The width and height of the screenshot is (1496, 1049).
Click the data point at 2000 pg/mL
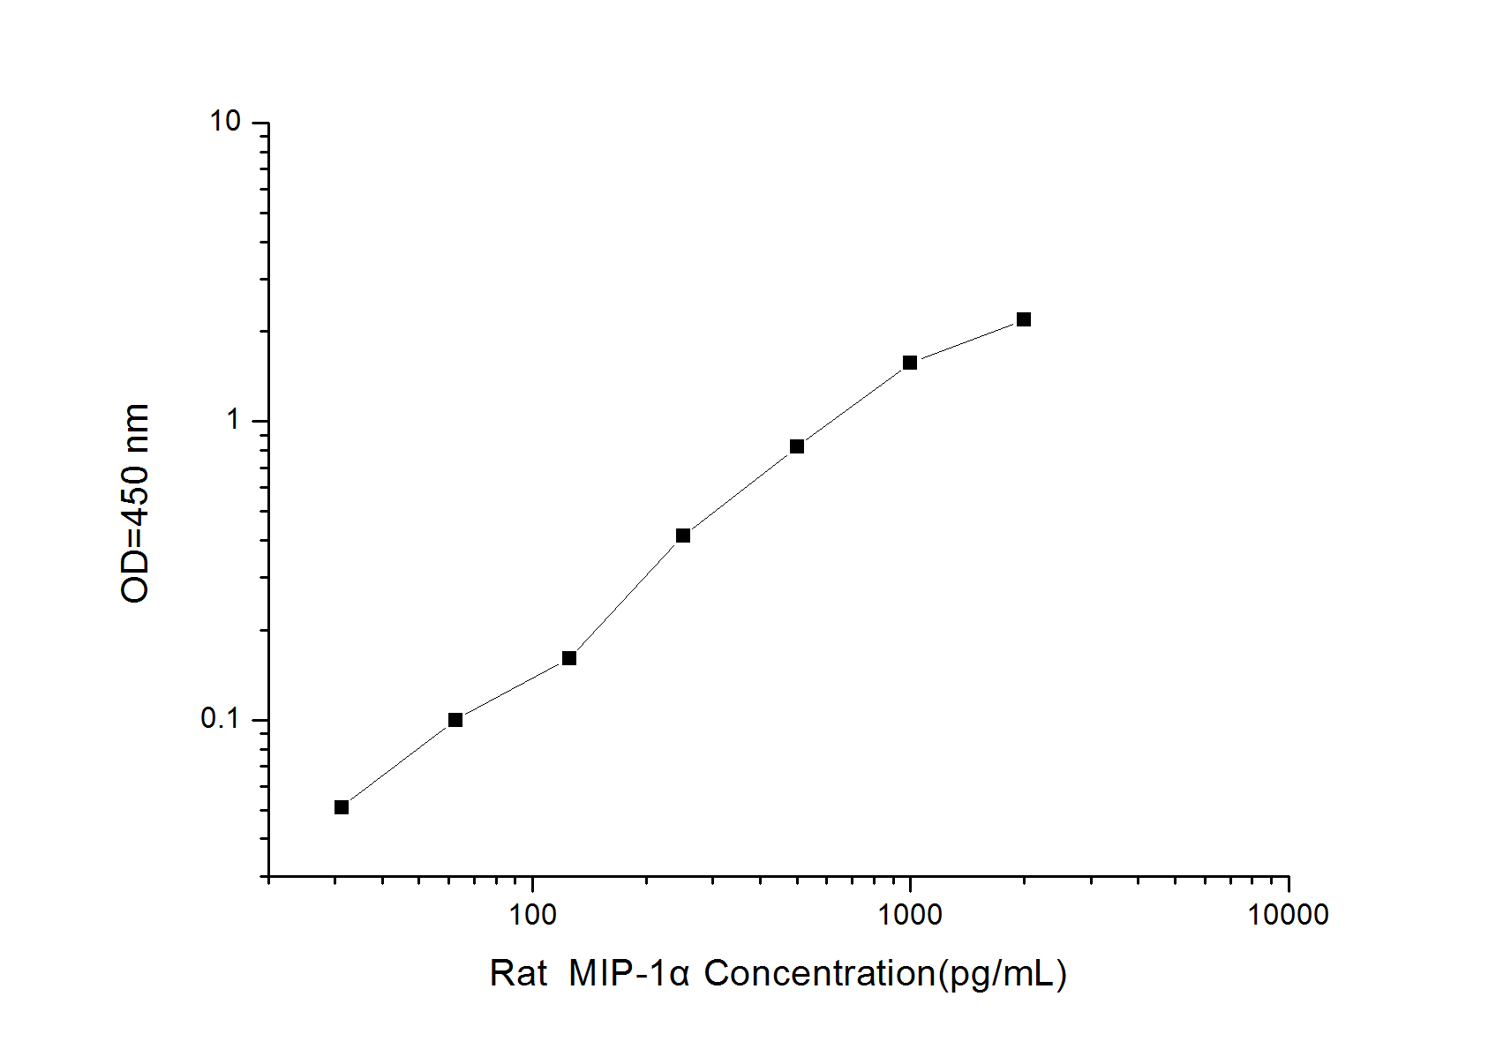[1023, 319]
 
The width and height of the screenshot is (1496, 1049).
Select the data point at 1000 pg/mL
[909, 363]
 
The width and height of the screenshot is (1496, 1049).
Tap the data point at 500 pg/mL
[796, 446]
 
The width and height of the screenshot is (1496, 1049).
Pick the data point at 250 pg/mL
[682, 536]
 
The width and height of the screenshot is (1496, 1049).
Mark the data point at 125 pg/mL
[569, 658]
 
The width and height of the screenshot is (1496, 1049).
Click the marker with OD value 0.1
[455, 720]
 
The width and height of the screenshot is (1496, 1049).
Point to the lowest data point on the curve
[342, 807]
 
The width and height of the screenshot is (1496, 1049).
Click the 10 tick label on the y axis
[225, 122]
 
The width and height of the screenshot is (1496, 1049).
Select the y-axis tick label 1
[234, 420]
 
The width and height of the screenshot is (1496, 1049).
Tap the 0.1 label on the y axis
[221, 719]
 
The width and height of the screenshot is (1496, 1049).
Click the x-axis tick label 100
[532, 915]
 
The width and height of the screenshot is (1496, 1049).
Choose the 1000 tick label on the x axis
[910, 915]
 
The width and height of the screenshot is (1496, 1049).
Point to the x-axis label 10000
[1288, 915]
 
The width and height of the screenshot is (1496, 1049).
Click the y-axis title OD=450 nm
[135, 503]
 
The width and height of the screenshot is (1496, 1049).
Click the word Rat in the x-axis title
[518, 974]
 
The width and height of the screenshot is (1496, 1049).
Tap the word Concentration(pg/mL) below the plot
[885, 974]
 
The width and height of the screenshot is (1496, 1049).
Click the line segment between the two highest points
[966, 341]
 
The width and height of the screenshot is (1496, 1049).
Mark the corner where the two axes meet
[268, 877]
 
